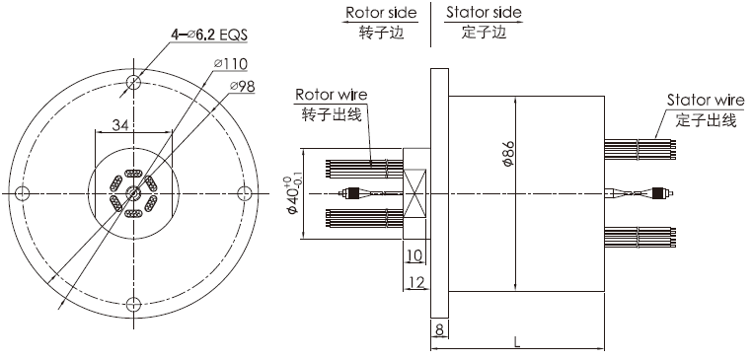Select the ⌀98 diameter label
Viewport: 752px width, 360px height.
coord(243,87)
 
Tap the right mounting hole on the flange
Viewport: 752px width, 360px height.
coord(241,191)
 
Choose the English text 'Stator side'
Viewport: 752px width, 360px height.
coord(484,14)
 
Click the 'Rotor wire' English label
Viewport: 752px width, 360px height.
coord(332,95)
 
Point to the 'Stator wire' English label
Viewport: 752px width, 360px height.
coord(705,101)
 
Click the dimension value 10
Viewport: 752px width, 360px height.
coord(414,256)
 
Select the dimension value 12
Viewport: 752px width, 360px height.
coord(414,284)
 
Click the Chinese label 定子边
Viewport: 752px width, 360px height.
coord(483,33)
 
